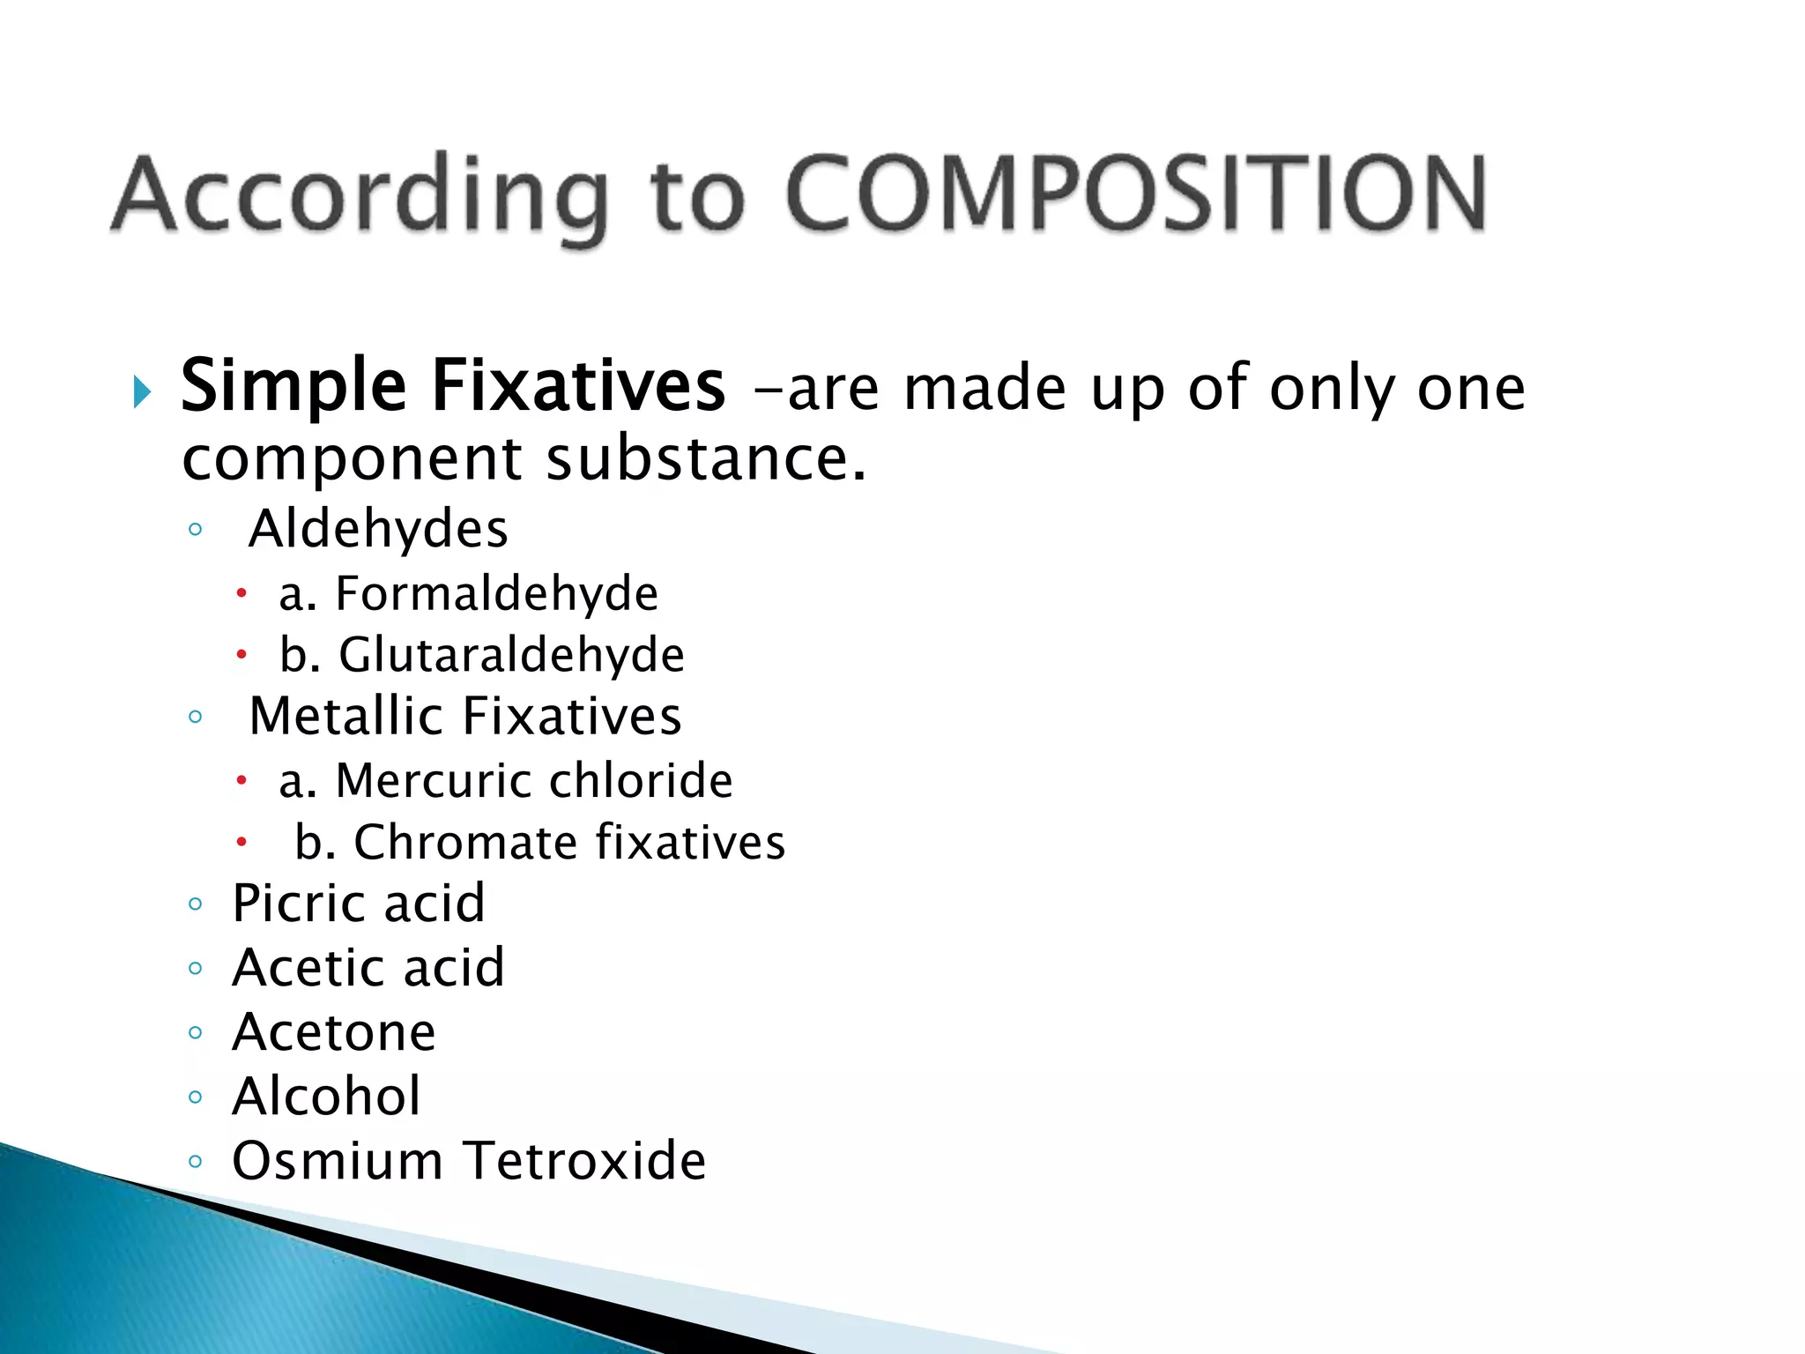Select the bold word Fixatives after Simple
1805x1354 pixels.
pos(578,386)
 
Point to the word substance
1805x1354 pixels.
pos(706,458)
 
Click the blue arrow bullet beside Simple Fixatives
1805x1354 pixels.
pos(142,391)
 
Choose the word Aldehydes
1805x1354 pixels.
pos(378,529)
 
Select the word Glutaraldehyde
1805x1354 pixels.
pos(511,655)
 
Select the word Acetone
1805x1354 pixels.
pos(333,1032)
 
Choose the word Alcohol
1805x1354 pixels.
pos(326,1097)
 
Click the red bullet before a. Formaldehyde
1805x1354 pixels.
pos(241,595)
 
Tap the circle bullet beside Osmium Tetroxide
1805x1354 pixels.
pos(196,1162)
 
